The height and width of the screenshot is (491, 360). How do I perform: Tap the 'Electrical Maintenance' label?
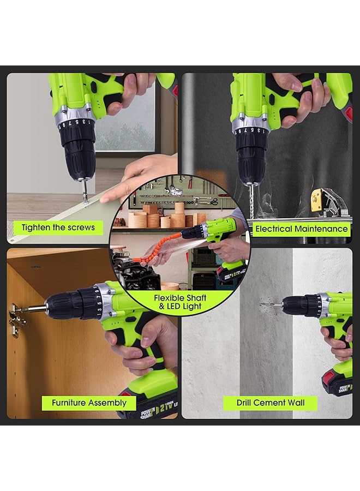(x=301, y=229)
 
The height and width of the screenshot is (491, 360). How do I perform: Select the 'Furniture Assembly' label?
(x=89, y=403)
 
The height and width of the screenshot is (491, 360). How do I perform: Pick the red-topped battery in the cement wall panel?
(x=336, y=382)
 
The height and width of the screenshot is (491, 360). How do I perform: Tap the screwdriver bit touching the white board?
(x=86, y=194)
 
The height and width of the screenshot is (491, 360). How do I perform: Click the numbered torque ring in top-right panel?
(x=251, y=131)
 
